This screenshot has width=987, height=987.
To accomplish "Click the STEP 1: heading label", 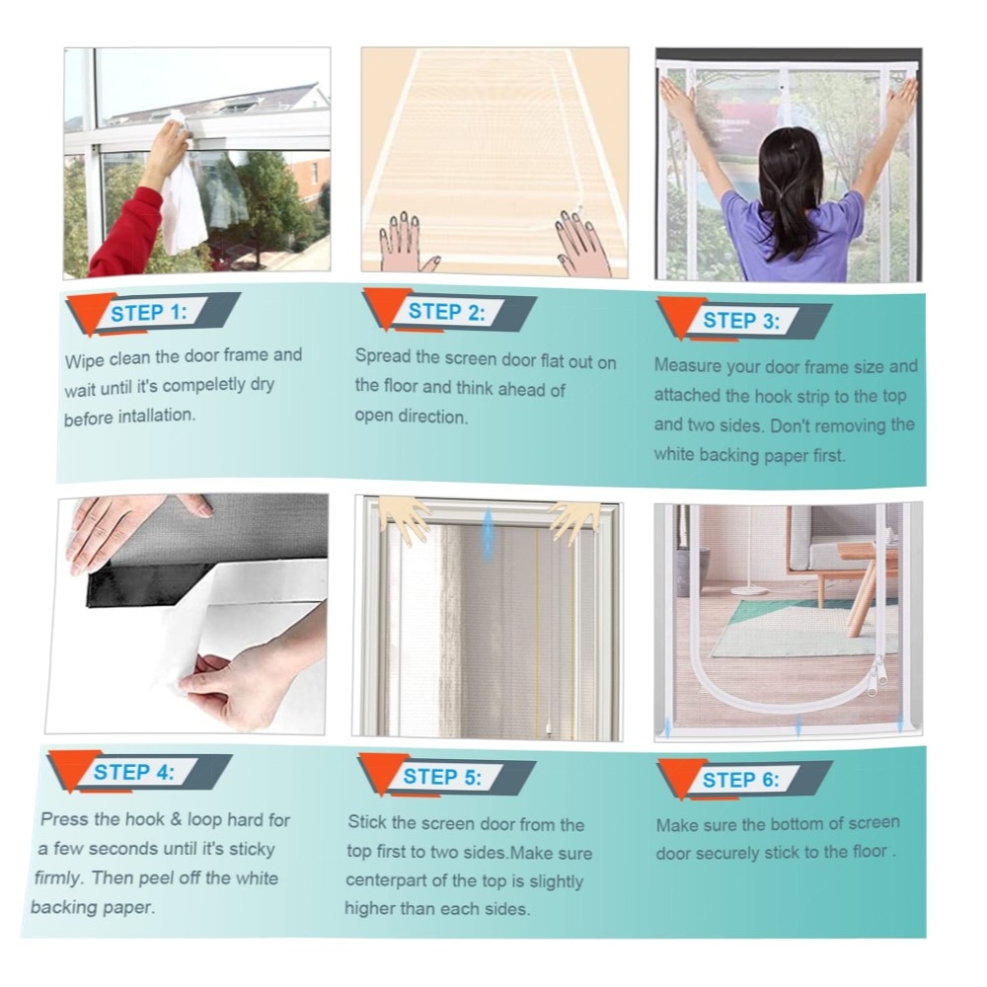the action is coord(149,313).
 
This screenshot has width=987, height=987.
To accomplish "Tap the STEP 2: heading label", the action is coord(447,312).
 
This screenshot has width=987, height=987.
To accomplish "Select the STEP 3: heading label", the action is coord(741,321).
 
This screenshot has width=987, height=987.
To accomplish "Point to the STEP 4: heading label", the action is coord(133,772).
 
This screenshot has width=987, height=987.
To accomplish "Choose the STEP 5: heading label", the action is coord(442,776).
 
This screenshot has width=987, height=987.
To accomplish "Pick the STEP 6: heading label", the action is coord(740,780).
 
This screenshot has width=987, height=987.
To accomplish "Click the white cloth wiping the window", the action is coord(182,189).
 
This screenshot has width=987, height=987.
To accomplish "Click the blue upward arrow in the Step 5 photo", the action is coord(488,535).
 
